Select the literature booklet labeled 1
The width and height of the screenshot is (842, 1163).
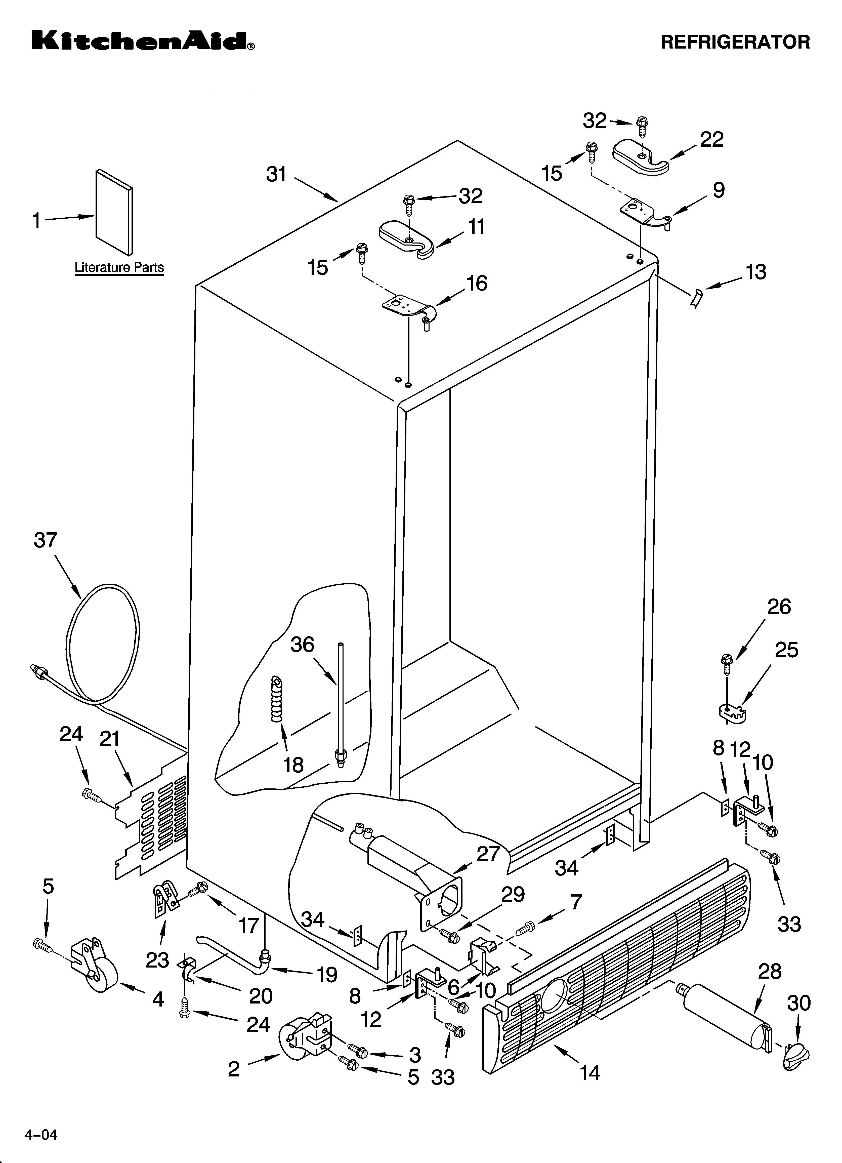(114, 211)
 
